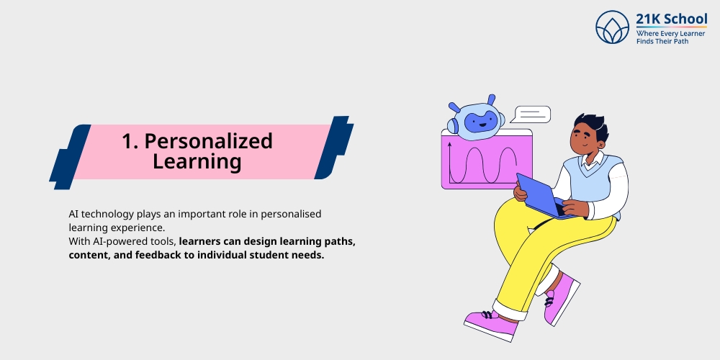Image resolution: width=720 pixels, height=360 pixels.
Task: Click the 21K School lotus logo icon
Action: (612, 27)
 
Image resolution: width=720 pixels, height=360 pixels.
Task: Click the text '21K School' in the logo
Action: (671, 19)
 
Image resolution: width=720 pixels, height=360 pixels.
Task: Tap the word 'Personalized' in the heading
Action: (208, 141)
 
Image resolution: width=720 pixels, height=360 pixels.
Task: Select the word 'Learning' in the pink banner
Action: (197, 162)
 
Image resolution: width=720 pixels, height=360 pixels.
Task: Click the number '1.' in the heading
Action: (130, 141)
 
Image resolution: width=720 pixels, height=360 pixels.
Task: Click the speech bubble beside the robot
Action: (533, 114)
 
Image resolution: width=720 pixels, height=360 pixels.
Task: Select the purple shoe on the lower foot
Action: (492, 323)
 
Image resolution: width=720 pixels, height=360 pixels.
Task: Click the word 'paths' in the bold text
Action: (339, 240)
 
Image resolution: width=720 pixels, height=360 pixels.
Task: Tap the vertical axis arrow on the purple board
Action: (449, 162)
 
